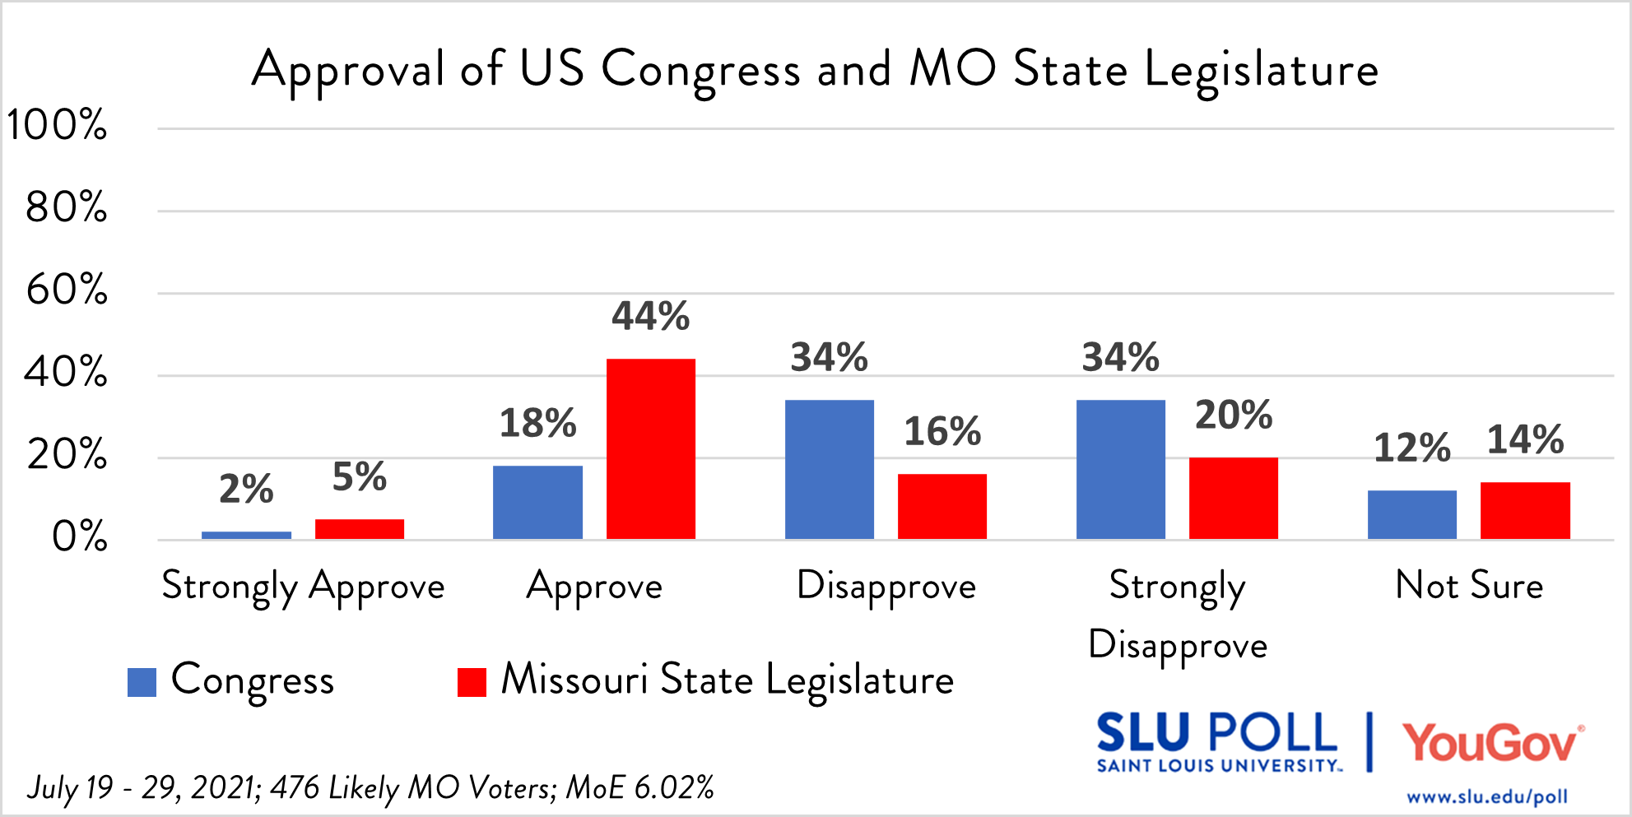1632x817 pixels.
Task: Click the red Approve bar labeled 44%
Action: pos(650,448)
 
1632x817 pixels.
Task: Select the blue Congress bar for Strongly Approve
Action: pos(246,535)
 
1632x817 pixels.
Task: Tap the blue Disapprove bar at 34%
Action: pos(829,469)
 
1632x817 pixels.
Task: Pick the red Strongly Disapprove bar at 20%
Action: pos(1233,498)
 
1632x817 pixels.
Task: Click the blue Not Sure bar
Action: pos(1411,514)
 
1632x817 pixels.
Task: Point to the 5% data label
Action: pos(359,477)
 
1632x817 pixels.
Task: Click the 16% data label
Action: pos(942,432)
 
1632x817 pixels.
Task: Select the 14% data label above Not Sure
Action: pos(1525,440)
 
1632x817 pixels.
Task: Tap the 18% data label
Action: pos(537,424)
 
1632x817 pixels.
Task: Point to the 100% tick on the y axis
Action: pos(57,126)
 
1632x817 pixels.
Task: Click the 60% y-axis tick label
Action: pos(66,290)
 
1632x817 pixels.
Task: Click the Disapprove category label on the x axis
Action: pos(886,587)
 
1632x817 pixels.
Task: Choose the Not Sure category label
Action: pos(1469,586)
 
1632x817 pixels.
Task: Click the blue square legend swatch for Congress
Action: pos(142,682)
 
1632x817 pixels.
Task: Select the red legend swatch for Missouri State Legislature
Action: pos(472,682)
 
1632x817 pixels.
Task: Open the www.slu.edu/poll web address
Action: pos(1486,797)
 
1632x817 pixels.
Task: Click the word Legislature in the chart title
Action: pos(1261,70)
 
